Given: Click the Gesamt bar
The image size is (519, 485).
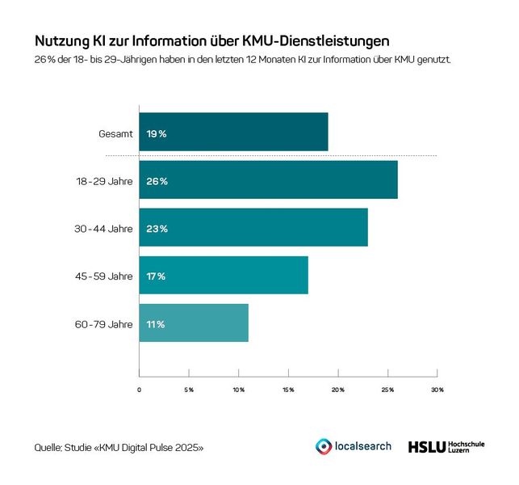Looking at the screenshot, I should [x=233, y=133].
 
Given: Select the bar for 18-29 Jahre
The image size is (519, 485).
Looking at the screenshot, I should [x=268, y=180].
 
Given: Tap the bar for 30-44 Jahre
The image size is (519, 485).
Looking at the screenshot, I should [x=253, y=228].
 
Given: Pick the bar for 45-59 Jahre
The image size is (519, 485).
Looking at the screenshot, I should [x=224, y=276].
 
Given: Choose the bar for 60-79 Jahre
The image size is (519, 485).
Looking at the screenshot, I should [x=194, y=323].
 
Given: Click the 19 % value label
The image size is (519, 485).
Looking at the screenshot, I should [x=156, y=133].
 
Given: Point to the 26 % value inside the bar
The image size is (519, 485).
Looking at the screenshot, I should [x=157, y=181].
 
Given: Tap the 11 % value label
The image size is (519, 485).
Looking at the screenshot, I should [x=155, y=324].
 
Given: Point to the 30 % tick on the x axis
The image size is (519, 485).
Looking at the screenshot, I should [x=437, y=390].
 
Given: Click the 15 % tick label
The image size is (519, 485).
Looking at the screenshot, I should [x=288, y=390].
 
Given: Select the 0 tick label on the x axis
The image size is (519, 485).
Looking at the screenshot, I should [x=139, y=390].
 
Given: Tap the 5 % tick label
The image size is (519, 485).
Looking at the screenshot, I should [x=189, y=390].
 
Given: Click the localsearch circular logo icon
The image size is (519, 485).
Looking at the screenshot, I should [x=323, y=446].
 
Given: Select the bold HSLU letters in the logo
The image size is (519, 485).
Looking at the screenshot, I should [x=425, y=446].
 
